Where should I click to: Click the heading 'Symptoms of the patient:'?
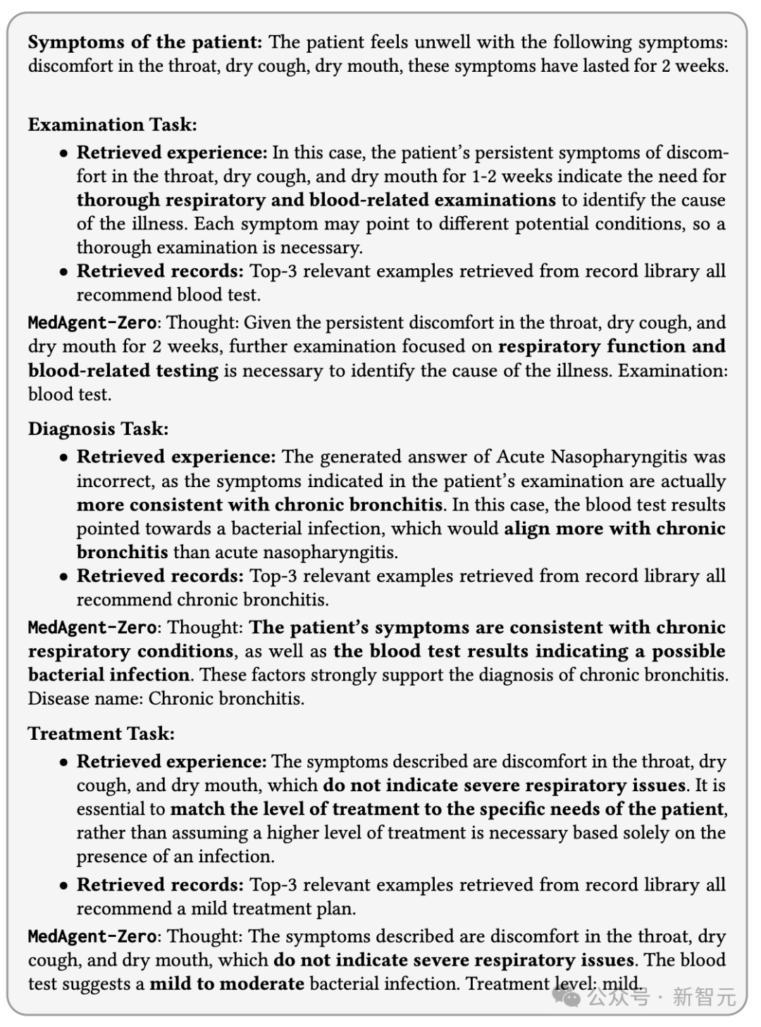click(144, 42)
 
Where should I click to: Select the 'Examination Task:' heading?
click(113, 125)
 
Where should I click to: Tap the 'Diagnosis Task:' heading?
click(99, 429)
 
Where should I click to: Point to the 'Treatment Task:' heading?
click(101, 733)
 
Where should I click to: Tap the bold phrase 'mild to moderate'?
click(227, 983)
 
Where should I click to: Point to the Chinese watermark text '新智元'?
click(704, 997)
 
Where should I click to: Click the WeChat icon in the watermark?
click(567, 996)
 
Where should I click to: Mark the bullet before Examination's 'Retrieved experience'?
click(64, 153)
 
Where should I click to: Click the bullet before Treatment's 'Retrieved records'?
click(64, 886)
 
